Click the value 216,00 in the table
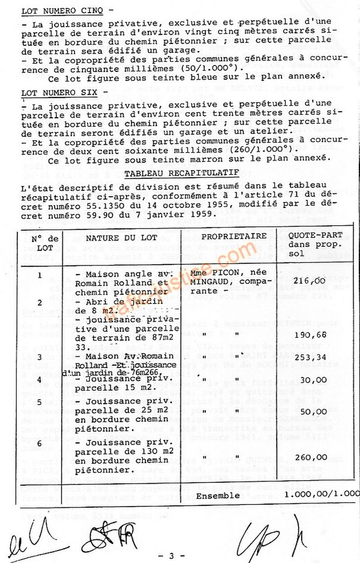(x=313, y=280)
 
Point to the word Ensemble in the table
(x=218, y=496)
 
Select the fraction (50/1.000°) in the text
(x=211, y=67)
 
